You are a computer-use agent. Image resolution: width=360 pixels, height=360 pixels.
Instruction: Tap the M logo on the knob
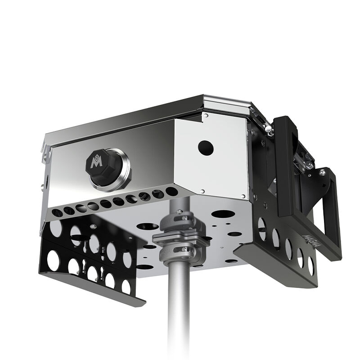point(96,162)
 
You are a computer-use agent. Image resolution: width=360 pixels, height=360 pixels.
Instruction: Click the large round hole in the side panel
point(206,146)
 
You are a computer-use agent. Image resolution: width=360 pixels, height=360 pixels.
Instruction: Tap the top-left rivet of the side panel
point(205,116)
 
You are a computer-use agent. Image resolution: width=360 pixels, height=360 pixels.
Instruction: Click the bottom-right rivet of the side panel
point(243,195)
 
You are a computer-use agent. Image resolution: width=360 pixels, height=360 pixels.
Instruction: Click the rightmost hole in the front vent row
point(171,191)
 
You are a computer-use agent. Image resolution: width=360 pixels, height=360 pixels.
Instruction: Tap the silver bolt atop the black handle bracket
point(322,172)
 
